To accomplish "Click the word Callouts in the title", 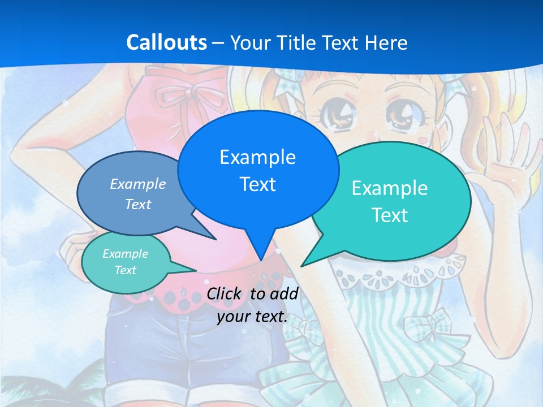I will [166, 42].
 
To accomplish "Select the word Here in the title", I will [385, 43].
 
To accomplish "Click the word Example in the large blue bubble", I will [257, 157].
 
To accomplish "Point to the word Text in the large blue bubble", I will [257, 184].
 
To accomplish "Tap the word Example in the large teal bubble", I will [389, 188].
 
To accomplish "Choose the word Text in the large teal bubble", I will [389, 215].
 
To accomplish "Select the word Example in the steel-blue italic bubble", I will [138, 184].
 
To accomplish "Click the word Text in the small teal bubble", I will [126, 270].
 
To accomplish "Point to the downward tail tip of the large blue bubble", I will [261, 260].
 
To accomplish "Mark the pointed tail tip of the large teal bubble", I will [301, 266].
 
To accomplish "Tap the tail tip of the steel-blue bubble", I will [216, 239].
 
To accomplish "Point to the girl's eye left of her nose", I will [338, 113].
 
